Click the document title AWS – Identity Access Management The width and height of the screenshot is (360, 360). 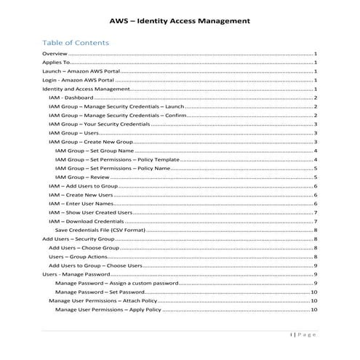pos(179,20)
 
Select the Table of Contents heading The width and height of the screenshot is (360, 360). pos(76,43)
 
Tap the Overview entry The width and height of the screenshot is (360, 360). pos(55,55)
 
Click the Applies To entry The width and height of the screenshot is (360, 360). pos(57,63)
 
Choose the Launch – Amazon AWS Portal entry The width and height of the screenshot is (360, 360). pos(81,72)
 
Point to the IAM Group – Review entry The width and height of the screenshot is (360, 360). pos(82,177)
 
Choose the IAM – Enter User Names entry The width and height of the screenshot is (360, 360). pos(81,204)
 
